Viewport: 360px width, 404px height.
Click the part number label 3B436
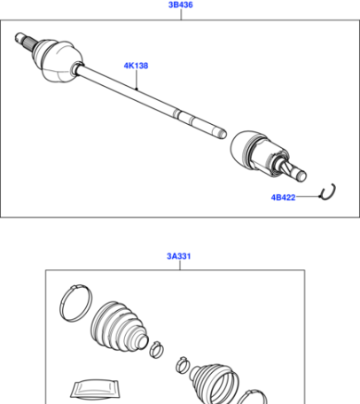181,5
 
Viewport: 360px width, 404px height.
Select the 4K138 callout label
136,66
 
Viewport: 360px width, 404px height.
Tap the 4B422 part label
283,198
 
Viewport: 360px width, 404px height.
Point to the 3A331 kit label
179,256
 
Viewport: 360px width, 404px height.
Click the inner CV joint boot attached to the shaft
58,60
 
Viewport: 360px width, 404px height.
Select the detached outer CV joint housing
259,152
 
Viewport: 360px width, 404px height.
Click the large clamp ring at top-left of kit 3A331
76,303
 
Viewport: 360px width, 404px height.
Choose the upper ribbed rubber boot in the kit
119,327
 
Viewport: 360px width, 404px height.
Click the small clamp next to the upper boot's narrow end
156,349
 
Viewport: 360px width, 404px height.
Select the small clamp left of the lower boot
183,365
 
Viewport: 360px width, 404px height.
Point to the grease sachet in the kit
95,389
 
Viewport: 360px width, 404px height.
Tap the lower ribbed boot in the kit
215,384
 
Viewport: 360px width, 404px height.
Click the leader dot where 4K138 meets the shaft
137,89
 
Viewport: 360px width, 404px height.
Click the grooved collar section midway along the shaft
184,116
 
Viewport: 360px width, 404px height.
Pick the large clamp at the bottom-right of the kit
252,397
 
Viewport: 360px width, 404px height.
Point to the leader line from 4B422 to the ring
309,196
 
